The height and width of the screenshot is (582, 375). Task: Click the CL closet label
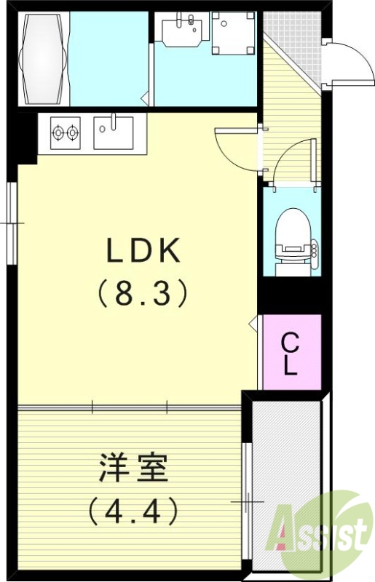(291, 354)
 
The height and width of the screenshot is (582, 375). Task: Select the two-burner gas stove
(64, 133)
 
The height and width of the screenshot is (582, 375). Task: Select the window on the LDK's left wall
(12, 221)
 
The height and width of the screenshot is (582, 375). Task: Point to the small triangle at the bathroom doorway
(145, 95)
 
